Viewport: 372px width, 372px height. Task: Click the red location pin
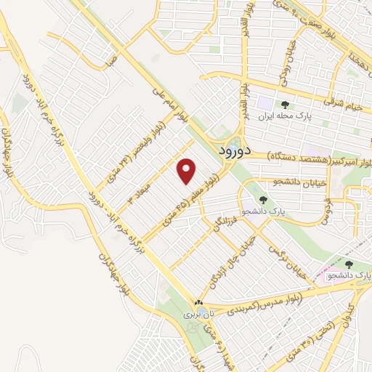point(187,171)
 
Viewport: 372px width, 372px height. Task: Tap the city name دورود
point(235,151)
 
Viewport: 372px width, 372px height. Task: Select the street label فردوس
point(328,211)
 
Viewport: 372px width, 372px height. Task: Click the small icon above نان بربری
point(198,303)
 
